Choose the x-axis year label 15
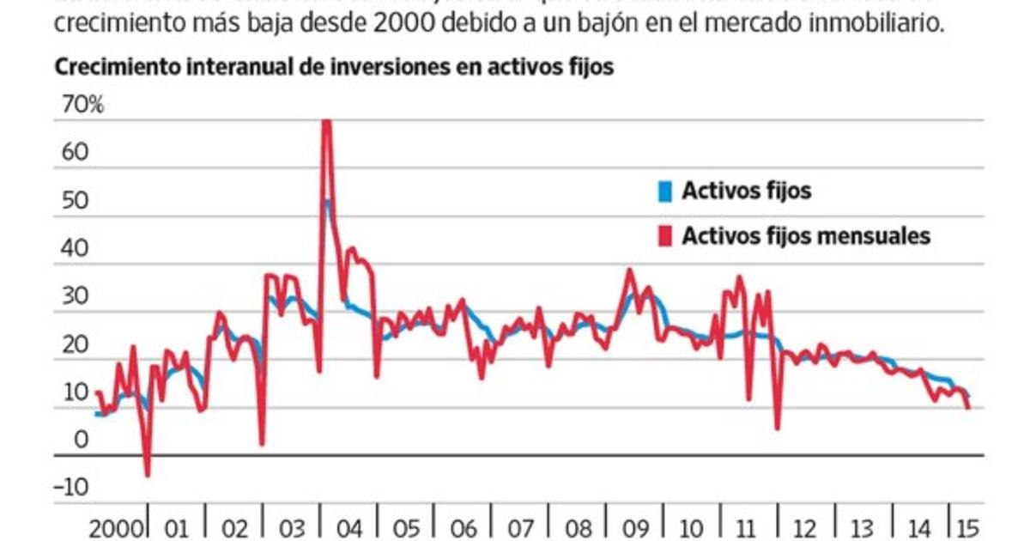coord(966,526)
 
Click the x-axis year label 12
coord(806,526)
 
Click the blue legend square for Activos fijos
coord(663,191)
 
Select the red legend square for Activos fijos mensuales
coord(663,235)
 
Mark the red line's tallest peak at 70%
coord(326,121)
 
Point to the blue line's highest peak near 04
coord(327,202)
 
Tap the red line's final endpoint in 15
coord(968,408)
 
